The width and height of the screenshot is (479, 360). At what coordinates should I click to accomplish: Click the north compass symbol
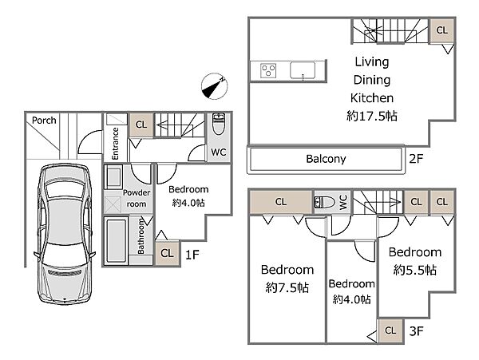pyautogui.click(x=215, y=86)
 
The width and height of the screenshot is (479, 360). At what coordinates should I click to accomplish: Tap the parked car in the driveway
pyautogui.click(x=65, y=234)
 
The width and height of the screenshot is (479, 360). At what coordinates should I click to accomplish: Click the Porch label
pyautogui.click(x=44, y=121)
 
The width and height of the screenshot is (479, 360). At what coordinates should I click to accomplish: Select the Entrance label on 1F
pyautogui.click(x=115, y=143)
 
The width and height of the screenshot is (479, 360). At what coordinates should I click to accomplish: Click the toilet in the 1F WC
pyautogui.click(x=219, y=124)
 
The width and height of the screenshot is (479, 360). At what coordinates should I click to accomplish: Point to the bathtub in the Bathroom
pyautogui.click(x=116, y=241)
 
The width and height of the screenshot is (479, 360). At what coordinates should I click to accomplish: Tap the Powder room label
pyautogui.click(x=137, y=198)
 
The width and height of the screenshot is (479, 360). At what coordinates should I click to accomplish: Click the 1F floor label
pyautogui.click(x=192, y=255)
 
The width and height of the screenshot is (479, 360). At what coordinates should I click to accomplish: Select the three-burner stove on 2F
pyautogui.click(x=268, y=70)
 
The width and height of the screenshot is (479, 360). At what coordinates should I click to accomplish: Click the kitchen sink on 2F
pyautogui.click(x=303, y=70)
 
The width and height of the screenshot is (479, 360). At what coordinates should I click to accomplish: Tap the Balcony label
pyautogui.click(x=326, y=159)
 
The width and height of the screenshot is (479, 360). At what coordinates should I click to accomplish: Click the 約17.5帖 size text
pyautogui.click(x=372, y=116)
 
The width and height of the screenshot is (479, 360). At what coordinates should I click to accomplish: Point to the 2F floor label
pyautogui.click(x=416, y=159)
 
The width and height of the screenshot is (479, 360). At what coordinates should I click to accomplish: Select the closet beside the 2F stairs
pyautogui.click(x=441, y=30)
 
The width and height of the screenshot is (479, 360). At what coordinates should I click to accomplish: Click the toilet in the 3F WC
pyautogui.click(x=324, y=202)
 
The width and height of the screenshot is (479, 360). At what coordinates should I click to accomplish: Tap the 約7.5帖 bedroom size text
pyautogui.click(x=287, y=287)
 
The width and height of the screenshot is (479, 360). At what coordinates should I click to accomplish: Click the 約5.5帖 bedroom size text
pyautogui.click(x=414, y=270)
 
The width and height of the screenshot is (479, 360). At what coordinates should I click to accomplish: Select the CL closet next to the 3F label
pyautogui.click(x=390, y=330)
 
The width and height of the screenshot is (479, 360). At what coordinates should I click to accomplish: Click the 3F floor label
pyautogui.click(x=416, y=330)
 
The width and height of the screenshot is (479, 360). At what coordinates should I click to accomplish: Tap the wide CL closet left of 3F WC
pyautogui.click(x=281, y=202)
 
